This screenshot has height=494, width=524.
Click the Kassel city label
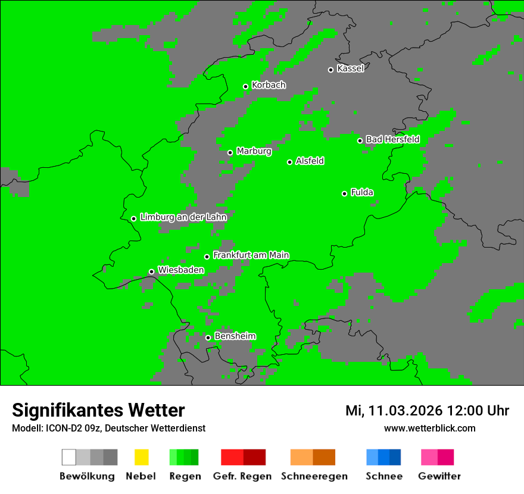pyautogui.click(x=350, y=68)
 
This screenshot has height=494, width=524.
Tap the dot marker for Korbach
pyautogui.click(x=245, y=86)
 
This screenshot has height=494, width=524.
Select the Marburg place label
pyautogui.click(x=254, y=151)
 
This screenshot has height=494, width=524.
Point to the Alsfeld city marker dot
pyautogui.click(x=289, y=162)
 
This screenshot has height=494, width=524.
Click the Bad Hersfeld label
pyautogui.click(x=392, y=139)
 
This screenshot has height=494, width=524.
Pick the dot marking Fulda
pyautogui.click(x=344, y=193)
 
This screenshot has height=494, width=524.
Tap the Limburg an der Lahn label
pyautogui.click(x=183, y=217)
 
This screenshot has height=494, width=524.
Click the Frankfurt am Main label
pyautogui.click(x=251, y=255)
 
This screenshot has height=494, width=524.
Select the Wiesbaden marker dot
pyautogui.click(x=151, y=271)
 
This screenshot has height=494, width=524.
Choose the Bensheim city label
pyautogui.click(x=235, y=336)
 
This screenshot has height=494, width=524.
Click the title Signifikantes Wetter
pyautogui.click(x=98, y=410)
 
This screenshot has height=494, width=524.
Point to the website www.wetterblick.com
pyautogui.click(x=429, y=428)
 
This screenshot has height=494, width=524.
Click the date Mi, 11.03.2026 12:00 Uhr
pyautogui.click(x=427, y=411)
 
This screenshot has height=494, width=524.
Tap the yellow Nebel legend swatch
pyautogui.click(x=141, y=457)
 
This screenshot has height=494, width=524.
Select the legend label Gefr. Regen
pyautogui.click(x=242, y=476)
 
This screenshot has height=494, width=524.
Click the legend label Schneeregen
pyautogui.click(x=314, y=476)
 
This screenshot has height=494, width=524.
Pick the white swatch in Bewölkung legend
pyautogui.click(x=69, y=457)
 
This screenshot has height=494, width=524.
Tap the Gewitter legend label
pyautogui.click(x=439, y=476)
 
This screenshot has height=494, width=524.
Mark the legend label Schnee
pyautogui.click(x=384, y=476)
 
